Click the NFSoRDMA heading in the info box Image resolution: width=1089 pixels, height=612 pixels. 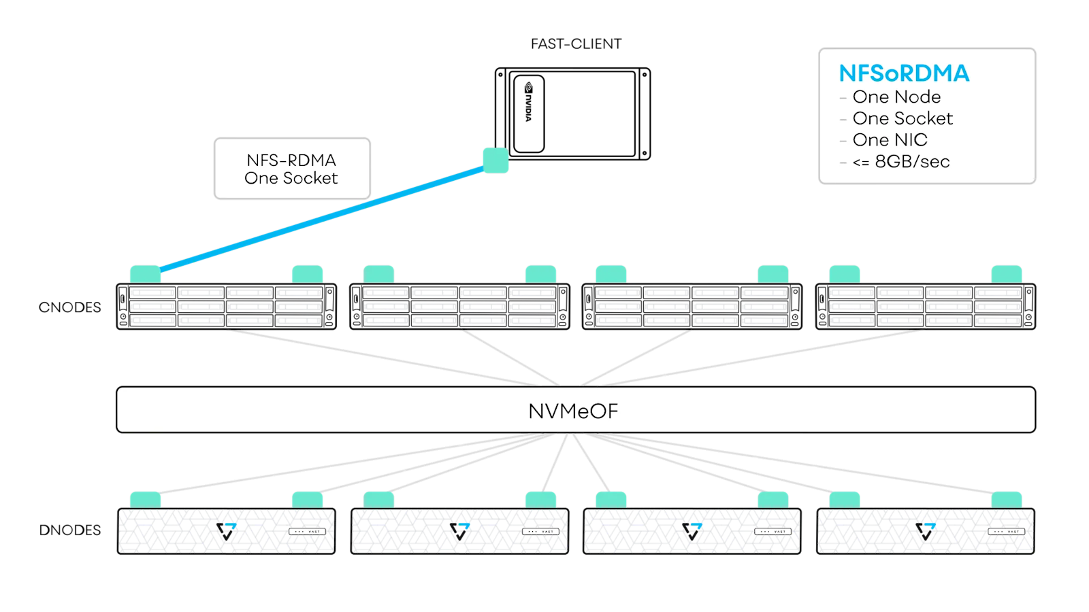904,73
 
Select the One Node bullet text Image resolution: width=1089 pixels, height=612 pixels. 896,97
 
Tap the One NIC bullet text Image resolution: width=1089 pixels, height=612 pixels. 890,140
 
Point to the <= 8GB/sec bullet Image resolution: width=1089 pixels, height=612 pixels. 900,162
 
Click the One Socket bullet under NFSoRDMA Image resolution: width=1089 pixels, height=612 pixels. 903,118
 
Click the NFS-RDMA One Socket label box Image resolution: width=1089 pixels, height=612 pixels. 292,169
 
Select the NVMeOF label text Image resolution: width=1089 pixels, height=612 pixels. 573,411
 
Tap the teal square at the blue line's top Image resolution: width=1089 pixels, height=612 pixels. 495,160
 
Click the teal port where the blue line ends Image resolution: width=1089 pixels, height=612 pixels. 145,274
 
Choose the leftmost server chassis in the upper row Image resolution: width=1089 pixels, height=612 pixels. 226,307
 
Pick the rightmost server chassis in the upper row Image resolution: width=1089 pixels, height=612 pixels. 925,307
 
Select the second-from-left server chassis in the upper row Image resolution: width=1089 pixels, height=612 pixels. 459,307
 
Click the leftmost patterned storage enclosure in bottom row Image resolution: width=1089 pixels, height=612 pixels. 226,531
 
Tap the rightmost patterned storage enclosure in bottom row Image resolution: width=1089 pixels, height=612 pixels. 925,531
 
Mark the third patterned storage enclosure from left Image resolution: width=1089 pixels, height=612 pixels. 692,531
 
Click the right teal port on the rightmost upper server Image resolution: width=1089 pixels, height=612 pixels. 1006,274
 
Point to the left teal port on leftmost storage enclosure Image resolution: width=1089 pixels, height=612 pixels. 145,500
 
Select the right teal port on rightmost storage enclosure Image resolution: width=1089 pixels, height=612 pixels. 1006,500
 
